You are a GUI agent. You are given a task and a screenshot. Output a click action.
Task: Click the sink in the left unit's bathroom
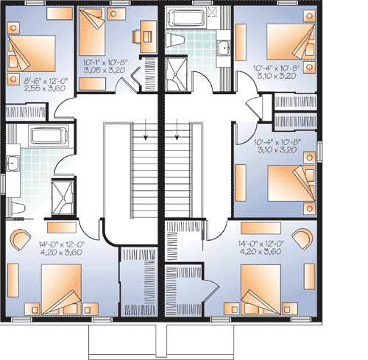coord(13,163)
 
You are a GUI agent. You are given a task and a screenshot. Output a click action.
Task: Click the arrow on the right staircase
coord(177,133)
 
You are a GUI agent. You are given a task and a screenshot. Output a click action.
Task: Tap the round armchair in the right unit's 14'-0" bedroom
coord(301,239)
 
